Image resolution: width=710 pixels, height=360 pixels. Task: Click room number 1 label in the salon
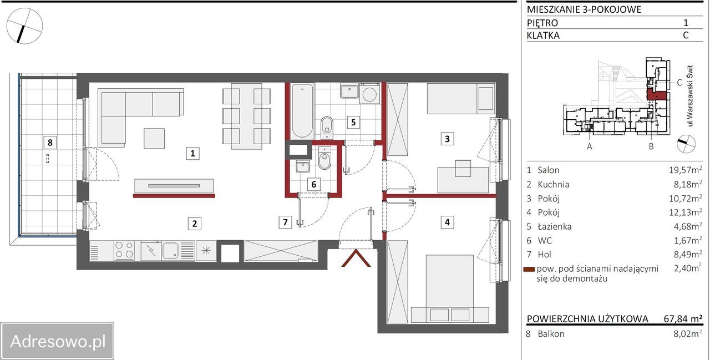tap(192, 154)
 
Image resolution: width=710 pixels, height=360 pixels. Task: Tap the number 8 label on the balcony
tap(50, 143)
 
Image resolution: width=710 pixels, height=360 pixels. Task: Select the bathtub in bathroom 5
tap(302, 111)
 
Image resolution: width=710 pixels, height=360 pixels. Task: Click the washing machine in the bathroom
tap(369, 94)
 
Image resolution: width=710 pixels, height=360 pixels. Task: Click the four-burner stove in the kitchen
tap(124, 250)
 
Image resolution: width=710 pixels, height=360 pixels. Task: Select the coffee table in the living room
tap(154, 139)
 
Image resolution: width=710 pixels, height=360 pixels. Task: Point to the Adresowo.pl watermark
tap(57, 341)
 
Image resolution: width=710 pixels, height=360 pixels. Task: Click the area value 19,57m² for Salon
tap(685, 170)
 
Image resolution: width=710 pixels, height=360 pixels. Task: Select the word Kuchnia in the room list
tap(554, 184)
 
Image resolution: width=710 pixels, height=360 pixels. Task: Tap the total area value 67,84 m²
tap(683, 318)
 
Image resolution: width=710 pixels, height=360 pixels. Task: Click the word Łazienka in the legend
tap(554, 226)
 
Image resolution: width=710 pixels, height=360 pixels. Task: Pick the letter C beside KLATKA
tap(686, 35)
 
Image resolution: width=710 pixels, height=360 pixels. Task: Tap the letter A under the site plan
tap(590, 146)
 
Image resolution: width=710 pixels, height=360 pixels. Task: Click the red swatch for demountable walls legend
tap(529, 270)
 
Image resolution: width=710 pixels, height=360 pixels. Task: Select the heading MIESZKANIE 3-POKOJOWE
tap(584, 9)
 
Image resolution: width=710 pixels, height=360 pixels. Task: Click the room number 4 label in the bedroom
tap(447, 222)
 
